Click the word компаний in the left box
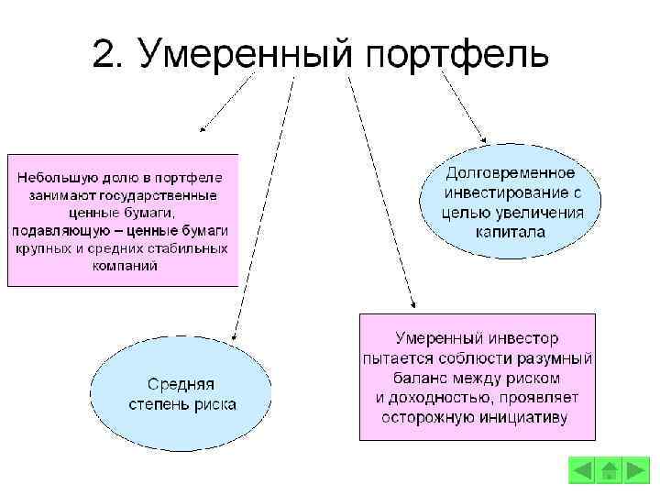click(x=125, y=266)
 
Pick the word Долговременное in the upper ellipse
click(x=510, y=173)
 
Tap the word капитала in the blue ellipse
click(x=510, y=232)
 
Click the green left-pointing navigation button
click(x=582, y=471)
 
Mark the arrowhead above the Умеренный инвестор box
click(x=413, y=304)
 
